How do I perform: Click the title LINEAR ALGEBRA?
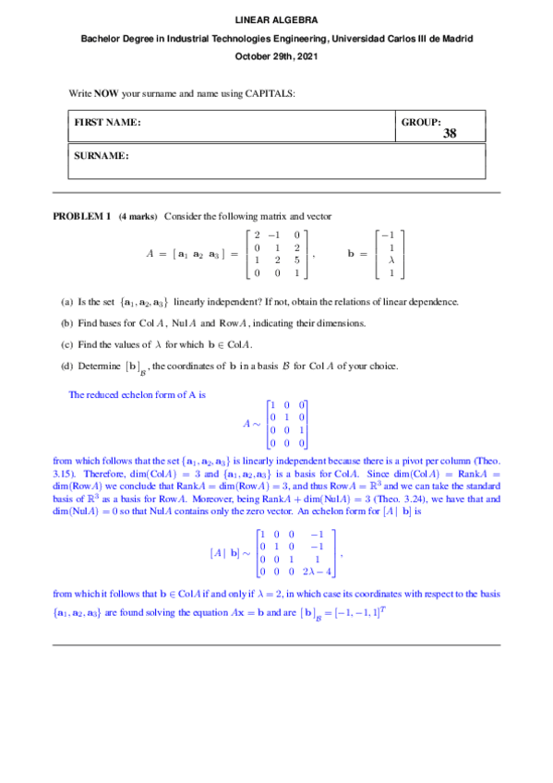[276, 18]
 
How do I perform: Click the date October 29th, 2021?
[276, 57]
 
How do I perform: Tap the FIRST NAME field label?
[107, 122]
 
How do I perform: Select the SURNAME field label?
[101, 156]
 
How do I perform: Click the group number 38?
[450, 134]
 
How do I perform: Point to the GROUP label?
[422, 122]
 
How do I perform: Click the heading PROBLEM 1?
[81, 216]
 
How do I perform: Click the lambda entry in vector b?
[392, 260]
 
